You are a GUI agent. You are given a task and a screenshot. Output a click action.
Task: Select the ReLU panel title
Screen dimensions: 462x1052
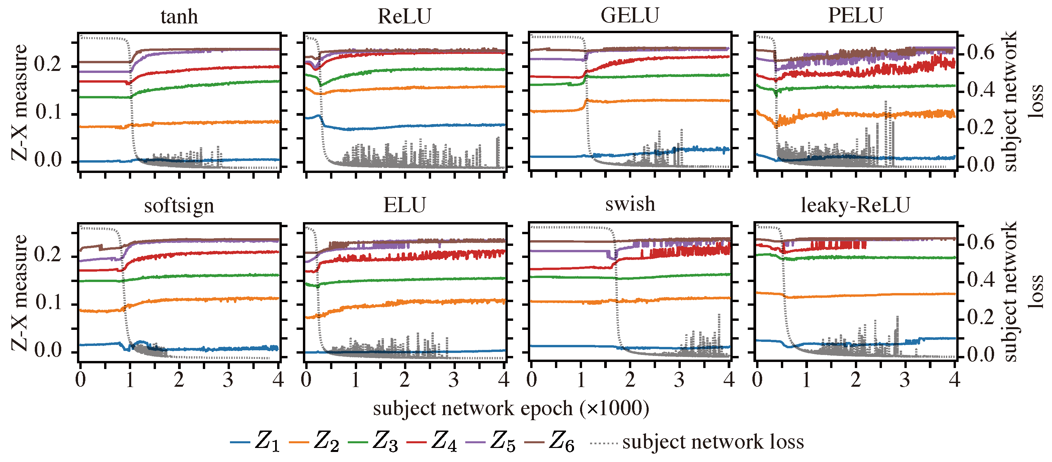pyautogui.click(x=404, y=17)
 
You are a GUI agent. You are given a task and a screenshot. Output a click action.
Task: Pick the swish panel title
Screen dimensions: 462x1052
pyautogui.click(x=630, y=204)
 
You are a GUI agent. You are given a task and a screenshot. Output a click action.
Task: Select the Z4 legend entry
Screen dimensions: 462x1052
pyautogui.click(x=433, y=442)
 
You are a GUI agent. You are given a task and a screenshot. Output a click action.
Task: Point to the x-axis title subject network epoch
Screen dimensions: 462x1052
pyautogui.click(x=510, y=408)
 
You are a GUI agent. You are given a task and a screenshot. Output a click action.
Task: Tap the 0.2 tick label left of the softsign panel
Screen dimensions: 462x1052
pyautogui.click(x=48, y=255)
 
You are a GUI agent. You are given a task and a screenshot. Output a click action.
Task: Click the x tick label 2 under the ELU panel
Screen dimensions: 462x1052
pyautogui.click(x=404, y=380)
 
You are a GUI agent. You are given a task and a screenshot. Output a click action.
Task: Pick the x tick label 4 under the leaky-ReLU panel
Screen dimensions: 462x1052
pyautogui.click(x=954, y=380)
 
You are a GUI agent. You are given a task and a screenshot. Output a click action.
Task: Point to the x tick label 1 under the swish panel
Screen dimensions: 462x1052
pyautogui.click(x=581, y=380)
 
